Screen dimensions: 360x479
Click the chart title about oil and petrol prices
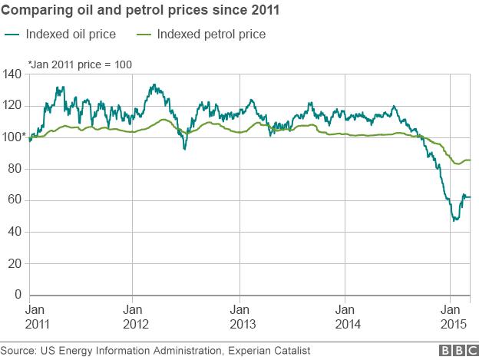click(141, 12)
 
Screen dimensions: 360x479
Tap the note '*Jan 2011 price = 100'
click(80, 64)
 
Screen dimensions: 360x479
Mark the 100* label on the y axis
click(13, 137)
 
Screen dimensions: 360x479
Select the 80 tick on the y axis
click(14, 169)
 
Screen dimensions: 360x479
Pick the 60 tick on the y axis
click(14, 200)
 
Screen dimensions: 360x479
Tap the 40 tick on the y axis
click(14, 232)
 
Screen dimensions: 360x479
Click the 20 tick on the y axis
click(14, 263)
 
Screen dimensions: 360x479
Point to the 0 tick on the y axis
click(17, 295)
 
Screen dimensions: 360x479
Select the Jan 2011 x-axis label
click(38, 314)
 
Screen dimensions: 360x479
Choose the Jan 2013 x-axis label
click(240, 314)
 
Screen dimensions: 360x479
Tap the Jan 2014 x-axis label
click(345, 314)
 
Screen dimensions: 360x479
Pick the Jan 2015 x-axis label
click(451, 314)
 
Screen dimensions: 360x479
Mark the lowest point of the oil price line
click(454, 220)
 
